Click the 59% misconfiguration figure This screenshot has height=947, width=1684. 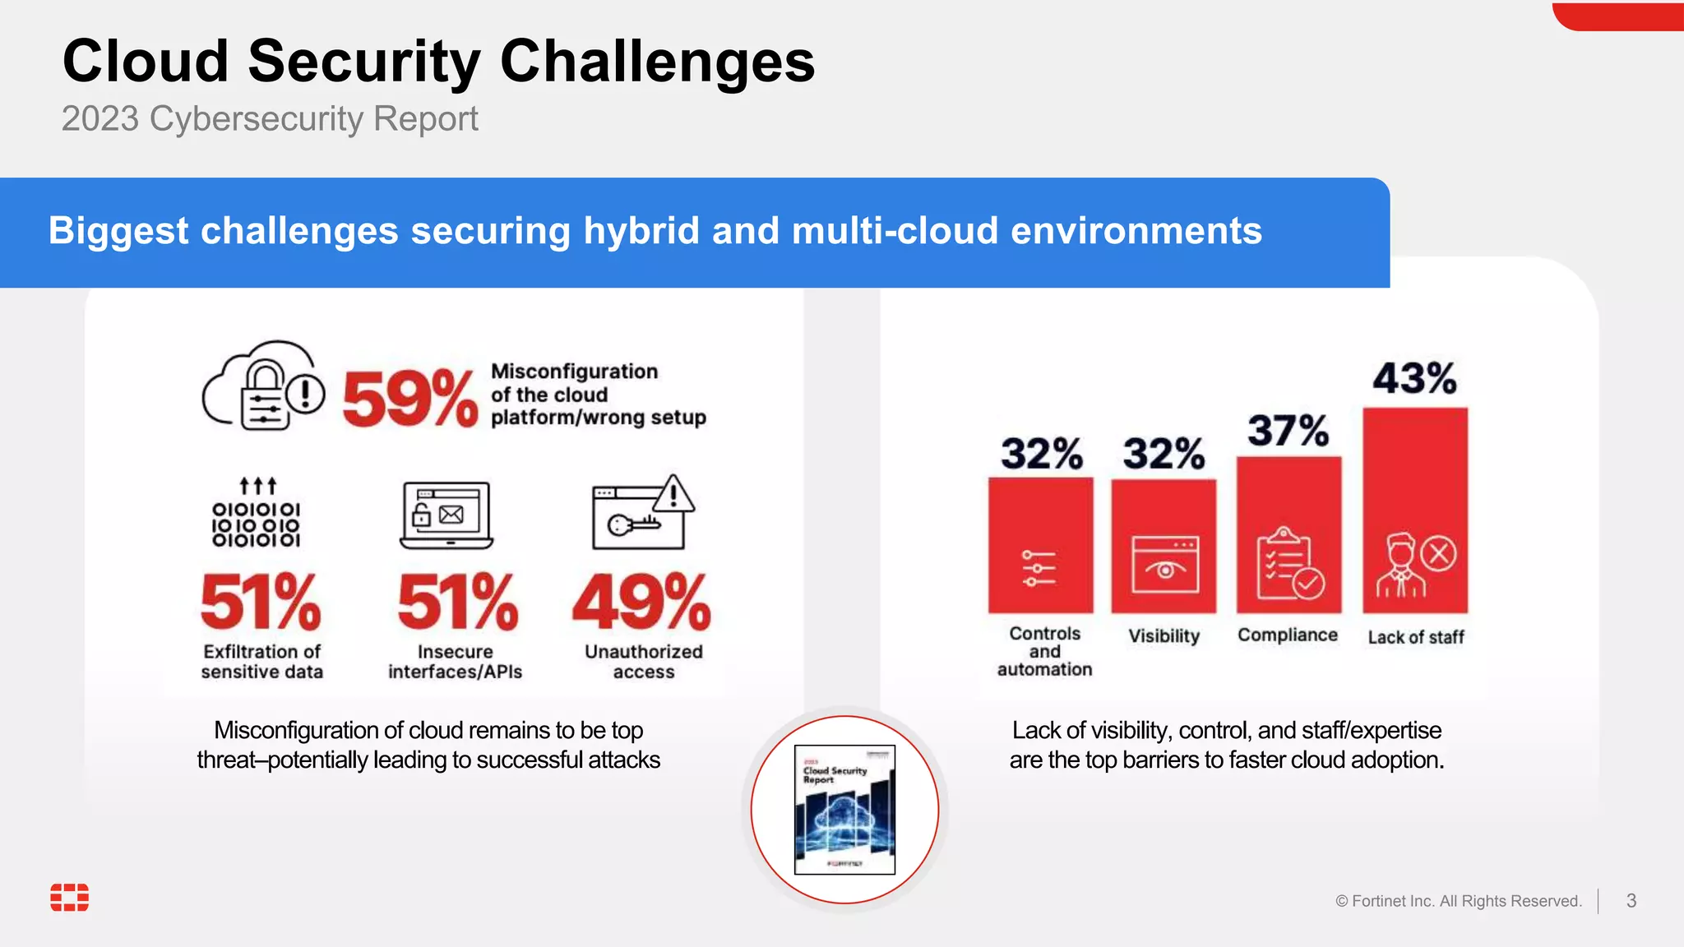[409, 399]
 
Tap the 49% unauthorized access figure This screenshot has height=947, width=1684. [641, 602]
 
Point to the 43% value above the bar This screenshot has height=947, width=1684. [1414, 378]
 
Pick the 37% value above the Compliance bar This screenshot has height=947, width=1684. [1288, 430]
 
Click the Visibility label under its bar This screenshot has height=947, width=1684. [1164, 635]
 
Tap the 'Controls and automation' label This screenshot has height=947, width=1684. [1044, 651]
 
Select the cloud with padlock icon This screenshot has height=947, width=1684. [263, 386]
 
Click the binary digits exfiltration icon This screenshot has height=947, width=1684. [257, 514]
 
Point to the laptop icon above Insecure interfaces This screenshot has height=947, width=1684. [446, 515]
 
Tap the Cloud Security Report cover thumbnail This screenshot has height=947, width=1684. [844, 810]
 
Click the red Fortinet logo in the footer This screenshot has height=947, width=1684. [70, 898]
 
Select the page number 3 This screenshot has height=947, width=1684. [1631, 901]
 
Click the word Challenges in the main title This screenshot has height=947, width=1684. [657, 62]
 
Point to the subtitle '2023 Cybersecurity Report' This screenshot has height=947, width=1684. [270, 119]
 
